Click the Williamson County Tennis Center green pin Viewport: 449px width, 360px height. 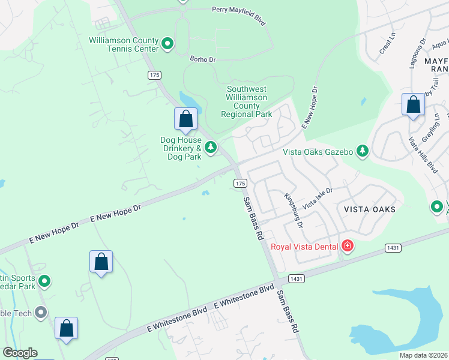pyautogui.click(x=167, y=44)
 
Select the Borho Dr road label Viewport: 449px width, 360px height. pyautogui.click(x=202, y=59)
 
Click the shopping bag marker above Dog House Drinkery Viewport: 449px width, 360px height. pyautogui.click(x=185, y=118)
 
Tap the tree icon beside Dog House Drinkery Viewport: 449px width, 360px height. pyautogui.click(x=211, y=147)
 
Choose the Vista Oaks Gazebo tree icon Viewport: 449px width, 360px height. pyautogui.click(x=362, y=151)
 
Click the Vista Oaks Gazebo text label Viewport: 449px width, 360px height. pyautogui.click(x=318, y=152)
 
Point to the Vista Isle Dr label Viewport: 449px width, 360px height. pyautogui.click(x=318, y=197)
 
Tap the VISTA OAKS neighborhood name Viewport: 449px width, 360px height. pyautogui.click(x=370, y=209)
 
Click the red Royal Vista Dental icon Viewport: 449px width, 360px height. pyautogui.click(x=347, y=246)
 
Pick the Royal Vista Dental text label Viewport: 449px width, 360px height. pyautogui.click(x=304, y=247)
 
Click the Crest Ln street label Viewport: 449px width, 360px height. pyautogui.click(x=388, y=44)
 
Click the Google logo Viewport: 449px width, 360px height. pyautogui.click(x=20, y=353)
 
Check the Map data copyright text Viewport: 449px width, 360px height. pyautogui.click(x=423, y=355)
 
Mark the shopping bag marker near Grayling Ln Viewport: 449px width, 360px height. pyautogui.click(x=413, y=105)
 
